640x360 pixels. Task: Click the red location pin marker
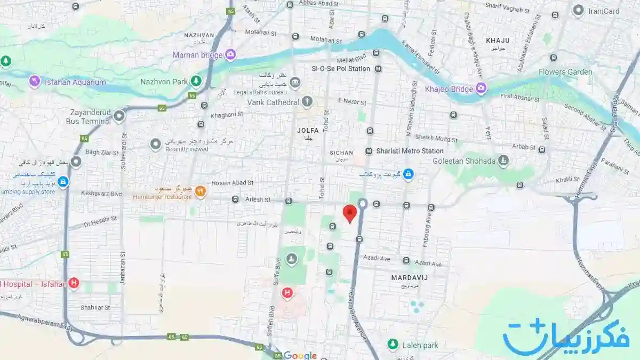pos(349,213)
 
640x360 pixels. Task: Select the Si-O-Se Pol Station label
pos(341,69)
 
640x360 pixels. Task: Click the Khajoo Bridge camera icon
pos(481,89)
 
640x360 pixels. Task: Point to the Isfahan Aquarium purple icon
pos(35,82)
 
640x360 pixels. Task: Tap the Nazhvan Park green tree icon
pos(196,81)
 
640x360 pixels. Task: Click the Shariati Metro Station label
pos(410,151)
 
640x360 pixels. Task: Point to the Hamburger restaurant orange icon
pos(200,191)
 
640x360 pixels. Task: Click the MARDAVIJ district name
pos(410,277)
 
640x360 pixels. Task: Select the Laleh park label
pos(420,345)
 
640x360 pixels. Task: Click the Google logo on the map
pos(300,355)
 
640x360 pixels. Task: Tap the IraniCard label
pos(604,11)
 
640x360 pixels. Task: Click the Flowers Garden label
pos(565,71)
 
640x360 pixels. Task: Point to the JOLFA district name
pos(308,130)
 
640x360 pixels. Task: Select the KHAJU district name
pos(498,40)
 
